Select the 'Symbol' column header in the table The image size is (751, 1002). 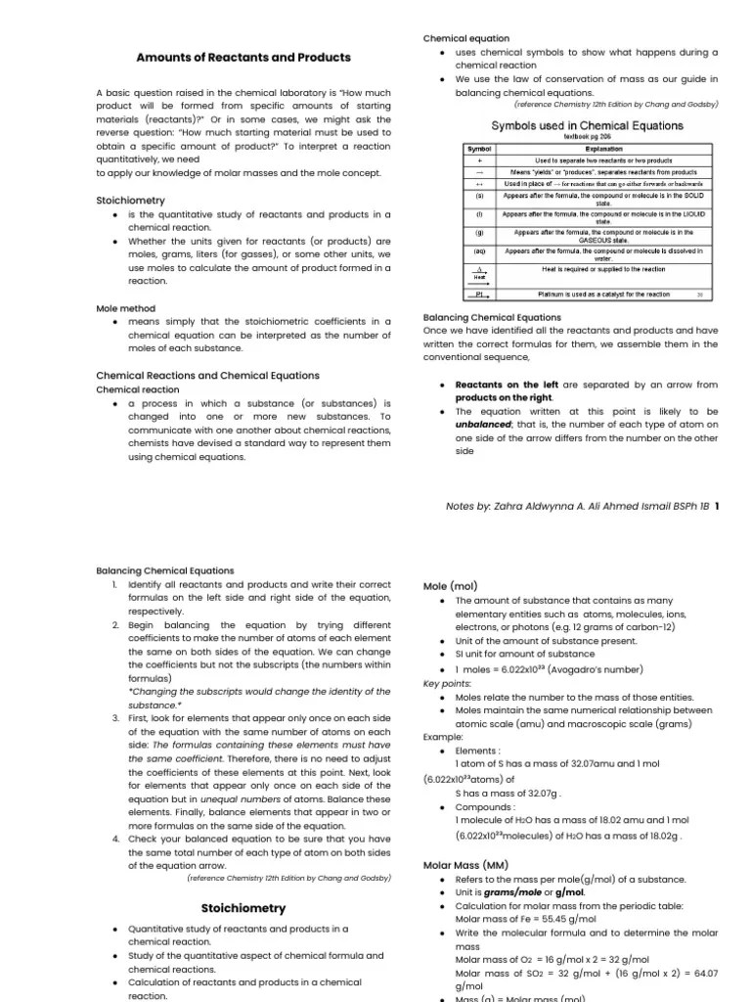point(479,149)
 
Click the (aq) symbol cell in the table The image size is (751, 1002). point(479,251)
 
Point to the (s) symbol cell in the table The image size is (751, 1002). point(479,196)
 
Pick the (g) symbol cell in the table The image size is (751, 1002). point(479,233)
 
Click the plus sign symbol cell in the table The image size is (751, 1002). point(479,159)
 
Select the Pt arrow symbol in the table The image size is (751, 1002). point(479,294)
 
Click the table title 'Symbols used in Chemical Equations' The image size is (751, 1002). point(587,126)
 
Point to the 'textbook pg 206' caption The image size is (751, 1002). point(587,138)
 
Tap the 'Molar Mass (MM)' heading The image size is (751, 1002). point(465,865)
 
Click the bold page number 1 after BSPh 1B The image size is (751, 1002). point(717,506)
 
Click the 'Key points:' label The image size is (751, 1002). point(447,683)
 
